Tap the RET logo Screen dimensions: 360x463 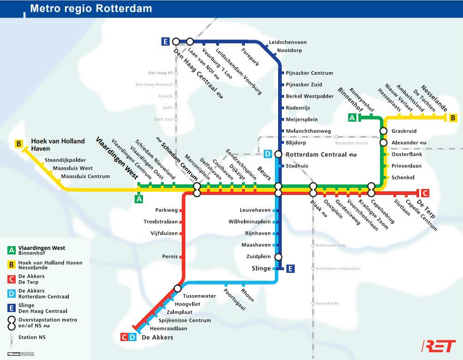tap(439, 346)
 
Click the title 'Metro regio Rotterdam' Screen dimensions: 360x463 tap(90, 8)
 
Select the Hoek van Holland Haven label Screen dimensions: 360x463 tap(58, 145)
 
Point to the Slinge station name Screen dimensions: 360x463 tap(261, 268)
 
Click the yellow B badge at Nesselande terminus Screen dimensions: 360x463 tap(453, 118)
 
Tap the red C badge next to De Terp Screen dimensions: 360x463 tap(425, 193)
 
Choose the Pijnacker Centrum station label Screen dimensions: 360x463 tap(309, 73)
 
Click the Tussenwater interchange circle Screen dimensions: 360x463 tap(178, 289)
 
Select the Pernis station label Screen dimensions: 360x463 tap(170, 256)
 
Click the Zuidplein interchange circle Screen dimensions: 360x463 tap(278, 257)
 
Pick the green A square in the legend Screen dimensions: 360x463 tap(11, 251)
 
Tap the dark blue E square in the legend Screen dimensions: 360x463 tap(11, 308)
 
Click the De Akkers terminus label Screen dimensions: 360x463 tap(157, 337)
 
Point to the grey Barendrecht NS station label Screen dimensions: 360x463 tap(327, 303)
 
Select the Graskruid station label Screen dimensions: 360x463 tap(404, 131)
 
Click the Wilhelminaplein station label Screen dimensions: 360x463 tap(249, 222)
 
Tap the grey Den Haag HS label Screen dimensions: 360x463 tap(160, 73)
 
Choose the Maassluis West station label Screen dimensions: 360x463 tap(73, 168)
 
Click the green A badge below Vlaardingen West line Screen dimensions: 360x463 tap(138, 199)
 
